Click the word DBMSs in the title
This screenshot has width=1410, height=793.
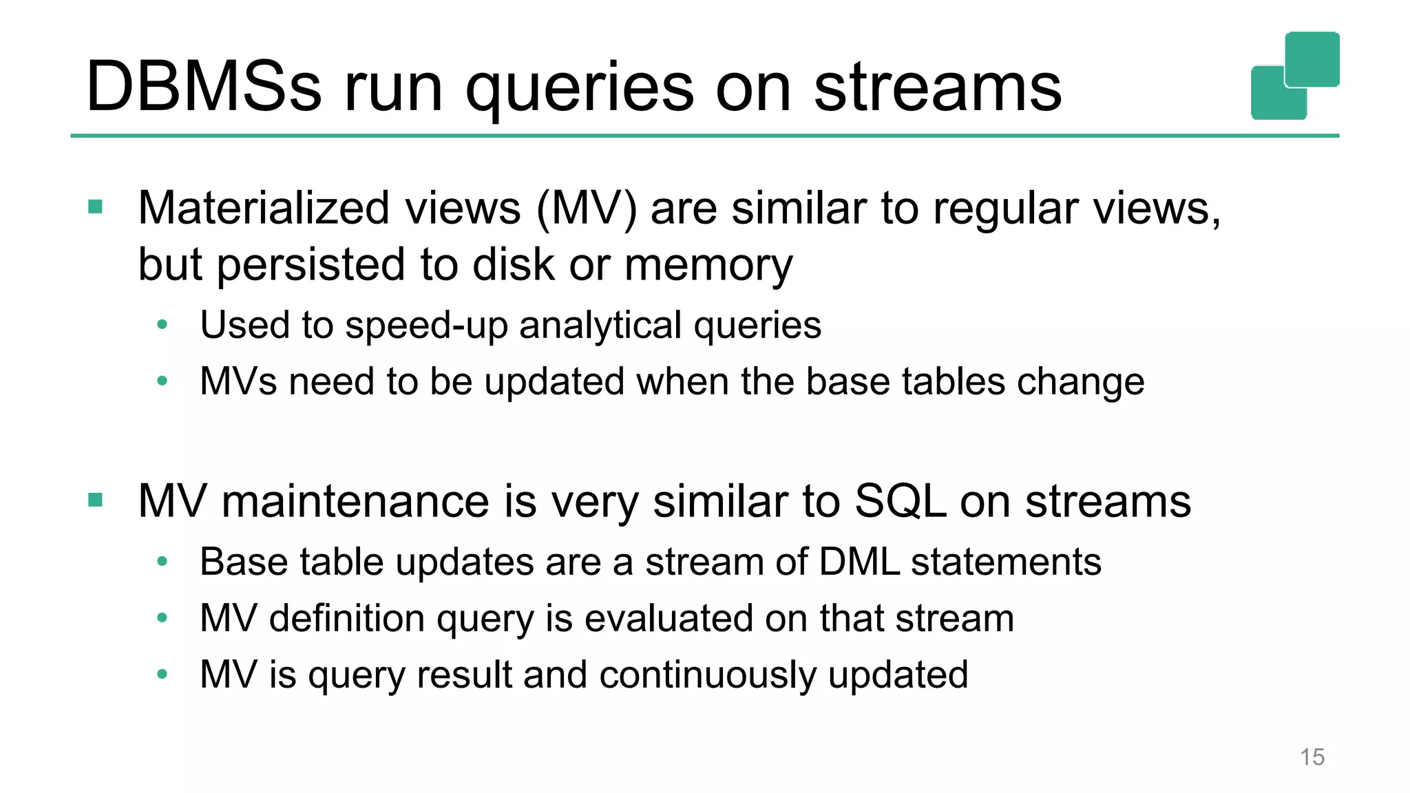(204, 87)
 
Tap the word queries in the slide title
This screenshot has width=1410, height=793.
(580, 89)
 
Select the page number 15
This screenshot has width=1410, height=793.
(1312, 757)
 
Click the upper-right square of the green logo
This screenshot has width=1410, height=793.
(1312, 59)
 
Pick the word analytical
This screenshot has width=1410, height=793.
(600, 326)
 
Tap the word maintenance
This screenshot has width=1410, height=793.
(355, 502)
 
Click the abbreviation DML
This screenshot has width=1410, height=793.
(859, 562)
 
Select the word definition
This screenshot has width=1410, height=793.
(347, 619)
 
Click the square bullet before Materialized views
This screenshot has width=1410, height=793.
(96, 207)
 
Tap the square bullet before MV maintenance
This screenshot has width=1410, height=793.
(96, 500)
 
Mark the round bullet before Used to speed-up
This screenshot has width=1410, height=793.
(162, 324)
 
